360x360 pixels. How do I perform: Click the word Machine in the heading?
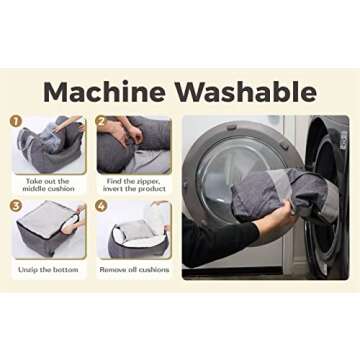(104, 92)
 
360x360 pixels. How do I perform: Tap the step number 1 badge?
(14, 121)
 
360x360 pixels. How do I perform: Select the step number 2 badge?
(101, 121)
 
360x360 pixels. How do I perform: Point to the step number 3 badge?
(14, 206)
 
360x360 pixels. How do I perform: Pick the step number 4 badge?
(101, 206)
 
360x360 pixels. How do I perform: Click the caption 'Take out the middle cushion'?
(48, 185)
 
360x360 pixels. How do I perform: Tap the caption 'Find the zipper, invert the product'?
(134, 185)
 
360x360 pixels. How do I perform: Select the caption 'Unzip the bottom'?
(48, 270)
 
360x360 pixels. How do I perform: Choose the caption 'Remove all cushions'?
(134, 269)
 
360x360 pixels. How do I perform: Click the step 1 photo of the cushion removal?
(49, 144)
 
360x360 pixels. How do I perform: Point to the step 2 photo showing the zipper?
(134, 145)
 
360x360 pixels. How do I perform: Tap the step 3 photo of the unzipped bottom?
(49, 229)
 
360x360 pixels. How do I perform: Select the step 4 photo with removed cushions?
(134, 229)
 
